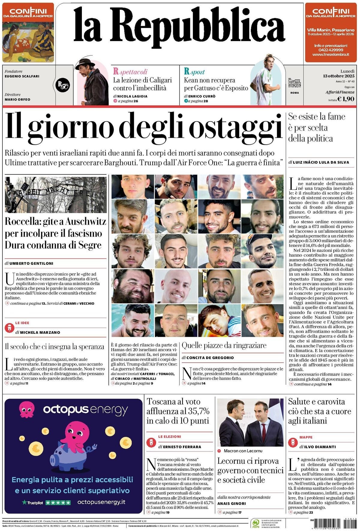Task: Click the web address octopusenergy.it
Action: tap(101, 502)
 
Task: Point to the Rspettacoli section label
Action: tap(130, 72)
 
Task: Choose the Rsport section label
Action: tap(194, 72)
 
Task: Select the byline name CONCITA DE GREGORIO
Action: tap(210, 358)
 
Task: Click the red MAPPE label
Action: tap(306, 437)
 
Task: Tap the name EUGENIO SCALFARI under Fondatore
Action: tap(22, 76)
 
